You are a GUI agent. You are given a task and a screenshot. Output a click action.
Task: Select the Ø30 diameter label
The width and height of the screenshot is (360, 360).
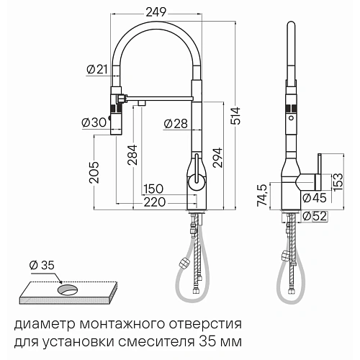[x=96, y=122]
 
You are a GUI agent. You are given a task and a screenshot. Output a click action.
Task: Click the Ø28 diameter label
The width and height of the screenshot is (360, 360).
[x=176, y=124]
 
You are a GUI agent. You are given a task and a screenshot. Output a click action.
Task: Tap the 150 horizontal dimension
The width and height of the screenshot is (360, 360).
[x=152, y=189]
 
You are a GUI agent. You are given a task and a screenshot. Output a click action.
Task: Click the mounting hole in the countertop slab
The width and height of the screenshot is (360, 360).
[x=69, y=289]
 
